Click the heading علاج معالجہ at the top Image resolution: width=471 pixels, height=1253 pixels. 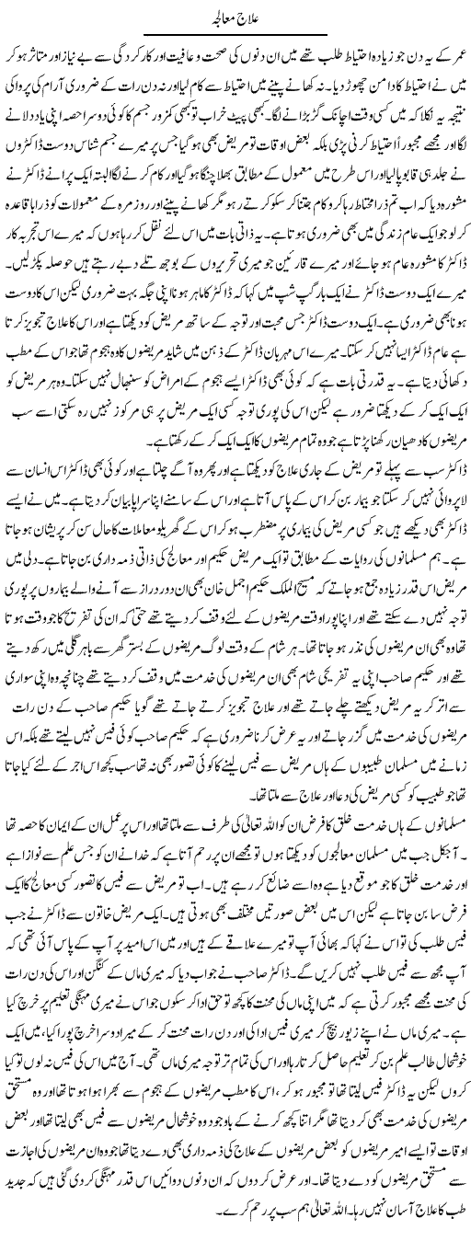point(235,12)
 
